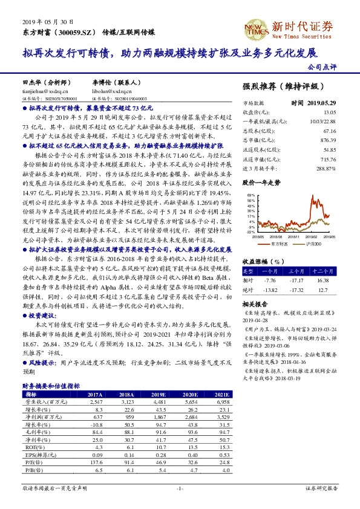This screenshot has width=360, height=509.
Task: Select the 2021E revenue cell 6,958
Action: click(222, 401)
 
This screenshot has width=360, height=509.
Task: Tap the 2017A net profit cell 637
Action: click(94, 417)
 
